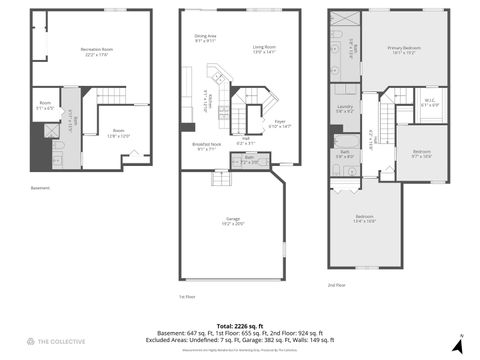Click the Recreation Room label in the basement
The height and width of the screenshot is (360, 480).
point(96,51)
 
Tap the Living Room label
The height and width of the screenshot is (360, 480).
point(264,48)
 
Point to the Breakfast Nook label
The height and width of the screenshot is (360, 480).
point(207,146)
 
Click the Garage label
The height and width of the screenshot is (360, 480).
point(233,220)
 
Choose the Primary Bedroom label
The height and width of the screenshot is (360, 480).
point(403,50)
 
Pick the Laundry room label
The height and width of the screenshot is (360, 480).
point(346,109)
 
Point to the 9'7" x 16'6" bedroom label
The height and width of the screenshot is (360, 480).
point(421,154)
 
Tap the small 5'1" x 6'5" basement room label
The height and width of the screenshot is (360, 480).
point(46,105)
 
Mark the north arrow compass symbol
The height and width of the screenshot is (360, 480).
point(459,345)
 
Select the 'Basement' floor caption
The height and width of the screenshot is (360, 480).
point(40,188)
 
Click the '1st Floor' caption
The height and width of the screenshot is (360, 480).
point(187,297)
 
